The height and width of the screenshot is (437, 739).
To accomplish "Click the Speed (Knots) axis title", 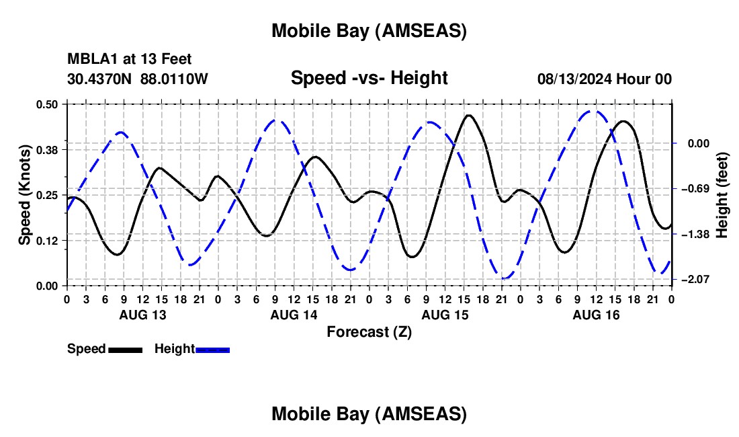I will (24, 195).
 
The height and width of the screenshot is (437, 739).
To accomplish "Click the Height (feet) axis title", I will (722, 195).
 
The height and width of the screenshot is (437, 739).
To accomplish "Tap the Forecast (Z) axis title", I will (369, 331).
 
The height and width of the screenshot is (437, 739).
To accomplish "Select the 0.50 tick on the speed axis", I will (48, 104).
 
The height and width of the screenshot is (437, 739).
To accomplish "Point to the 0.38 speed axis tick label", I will (48, 149).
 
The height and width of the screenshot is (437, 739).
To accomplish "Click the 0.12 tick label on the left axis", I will (48, 241).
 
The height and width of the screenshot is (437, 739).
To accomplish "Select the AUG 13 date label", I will (142, 315).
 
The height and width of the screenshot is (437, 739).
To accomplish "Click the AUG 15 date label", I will (445, 315).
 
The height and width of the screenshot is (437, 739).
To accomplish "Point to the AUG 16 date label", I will (596, 315).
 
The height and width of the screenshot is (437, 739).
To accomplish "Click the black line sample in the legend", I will (125, 350).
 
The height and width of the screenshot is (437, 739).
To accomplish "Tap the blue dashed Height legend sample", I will (213, 350).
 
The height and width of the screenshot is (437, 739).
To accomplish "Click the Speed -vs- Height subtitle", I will (369, 78).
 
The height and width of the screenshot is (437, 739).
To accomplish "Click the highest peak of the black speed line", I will (468, 115).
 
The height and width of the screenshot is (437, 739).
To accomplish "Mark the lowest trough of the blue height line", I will (505, 278).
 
